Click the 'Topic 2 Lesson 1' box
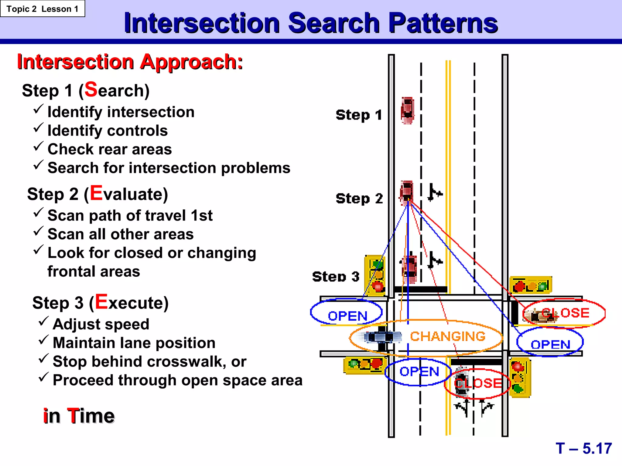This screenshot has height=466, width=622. point(43,9)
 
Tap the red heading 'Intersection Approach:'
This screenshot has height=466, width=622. point(130,62)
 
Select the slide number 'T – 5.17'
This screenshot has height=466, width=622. point(583,448)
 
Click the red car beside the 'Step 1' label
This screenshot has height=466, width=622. point(407,110)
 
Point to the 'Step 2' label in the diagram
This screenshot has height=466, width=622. point(359,199)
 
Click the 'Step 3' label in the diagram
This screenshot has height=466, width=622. point(336,277)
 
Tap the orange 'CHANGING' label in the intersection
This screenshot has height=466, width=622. point(448,336)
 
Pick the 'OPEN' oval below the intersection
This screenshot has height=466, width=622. point(419,372)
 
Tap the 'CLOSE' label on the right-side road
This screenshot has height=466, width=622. point(565,313)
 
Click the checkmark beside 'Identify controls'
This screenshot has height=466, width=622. point(38,128)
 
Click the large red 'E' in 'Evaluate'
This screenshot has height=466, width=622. point(96,193)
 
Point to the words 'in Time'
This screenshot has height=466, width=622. point(79,416)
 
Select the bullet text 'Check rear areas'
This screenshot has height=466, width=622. point(110,149)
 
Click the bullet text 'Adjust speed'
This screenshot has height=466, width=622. point(101,324)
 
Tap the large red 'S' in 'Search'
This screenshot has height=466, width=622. point(91,89)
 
